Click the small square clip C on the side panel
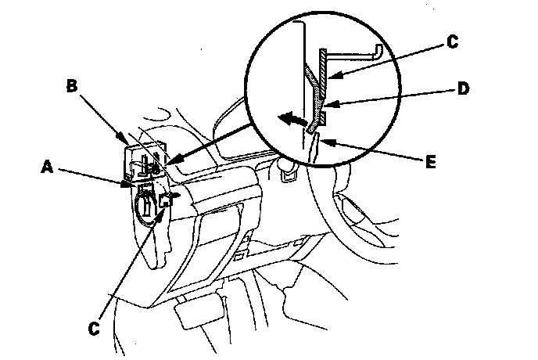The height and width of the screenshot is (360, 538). click(x=165, y=201)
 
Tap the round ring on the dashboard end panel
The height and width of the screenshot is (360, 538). click(x=145, y=206)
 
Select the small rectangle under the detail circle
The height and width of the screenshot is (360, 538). click(x=289, y=177)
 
